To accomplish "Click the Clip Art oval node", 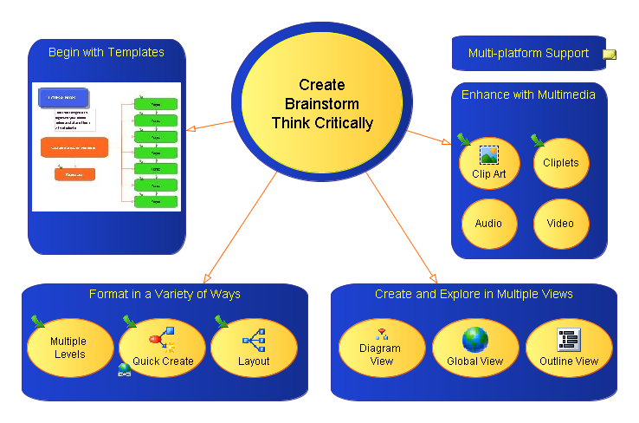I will tap(489, 163).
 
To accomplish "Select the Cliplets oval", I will tap(561, 163).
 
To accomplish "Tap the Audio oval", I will tap(489, 224).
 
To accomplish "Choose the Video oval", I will tap(561, 224).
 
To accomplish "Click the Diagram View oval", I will tap(380, 348).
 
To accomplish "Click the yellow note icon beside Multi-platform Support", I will tap(610, 54).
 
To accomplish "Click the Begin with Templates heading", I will tap(106, 52).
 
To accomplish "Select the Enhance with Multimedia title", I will tap(528, 94).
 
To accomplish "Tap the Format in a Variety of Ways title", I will tap(165, 294).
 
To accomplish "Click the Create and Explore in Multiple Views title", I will tap(474, 294).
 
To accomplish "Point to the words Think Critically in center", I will tap(322, 123).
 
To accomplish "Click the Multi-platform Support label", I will tap(528, 54).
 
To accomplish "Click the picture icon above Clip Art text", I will tap(488, 155).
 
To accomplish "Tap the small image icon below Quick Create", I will tap(124, 368).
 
